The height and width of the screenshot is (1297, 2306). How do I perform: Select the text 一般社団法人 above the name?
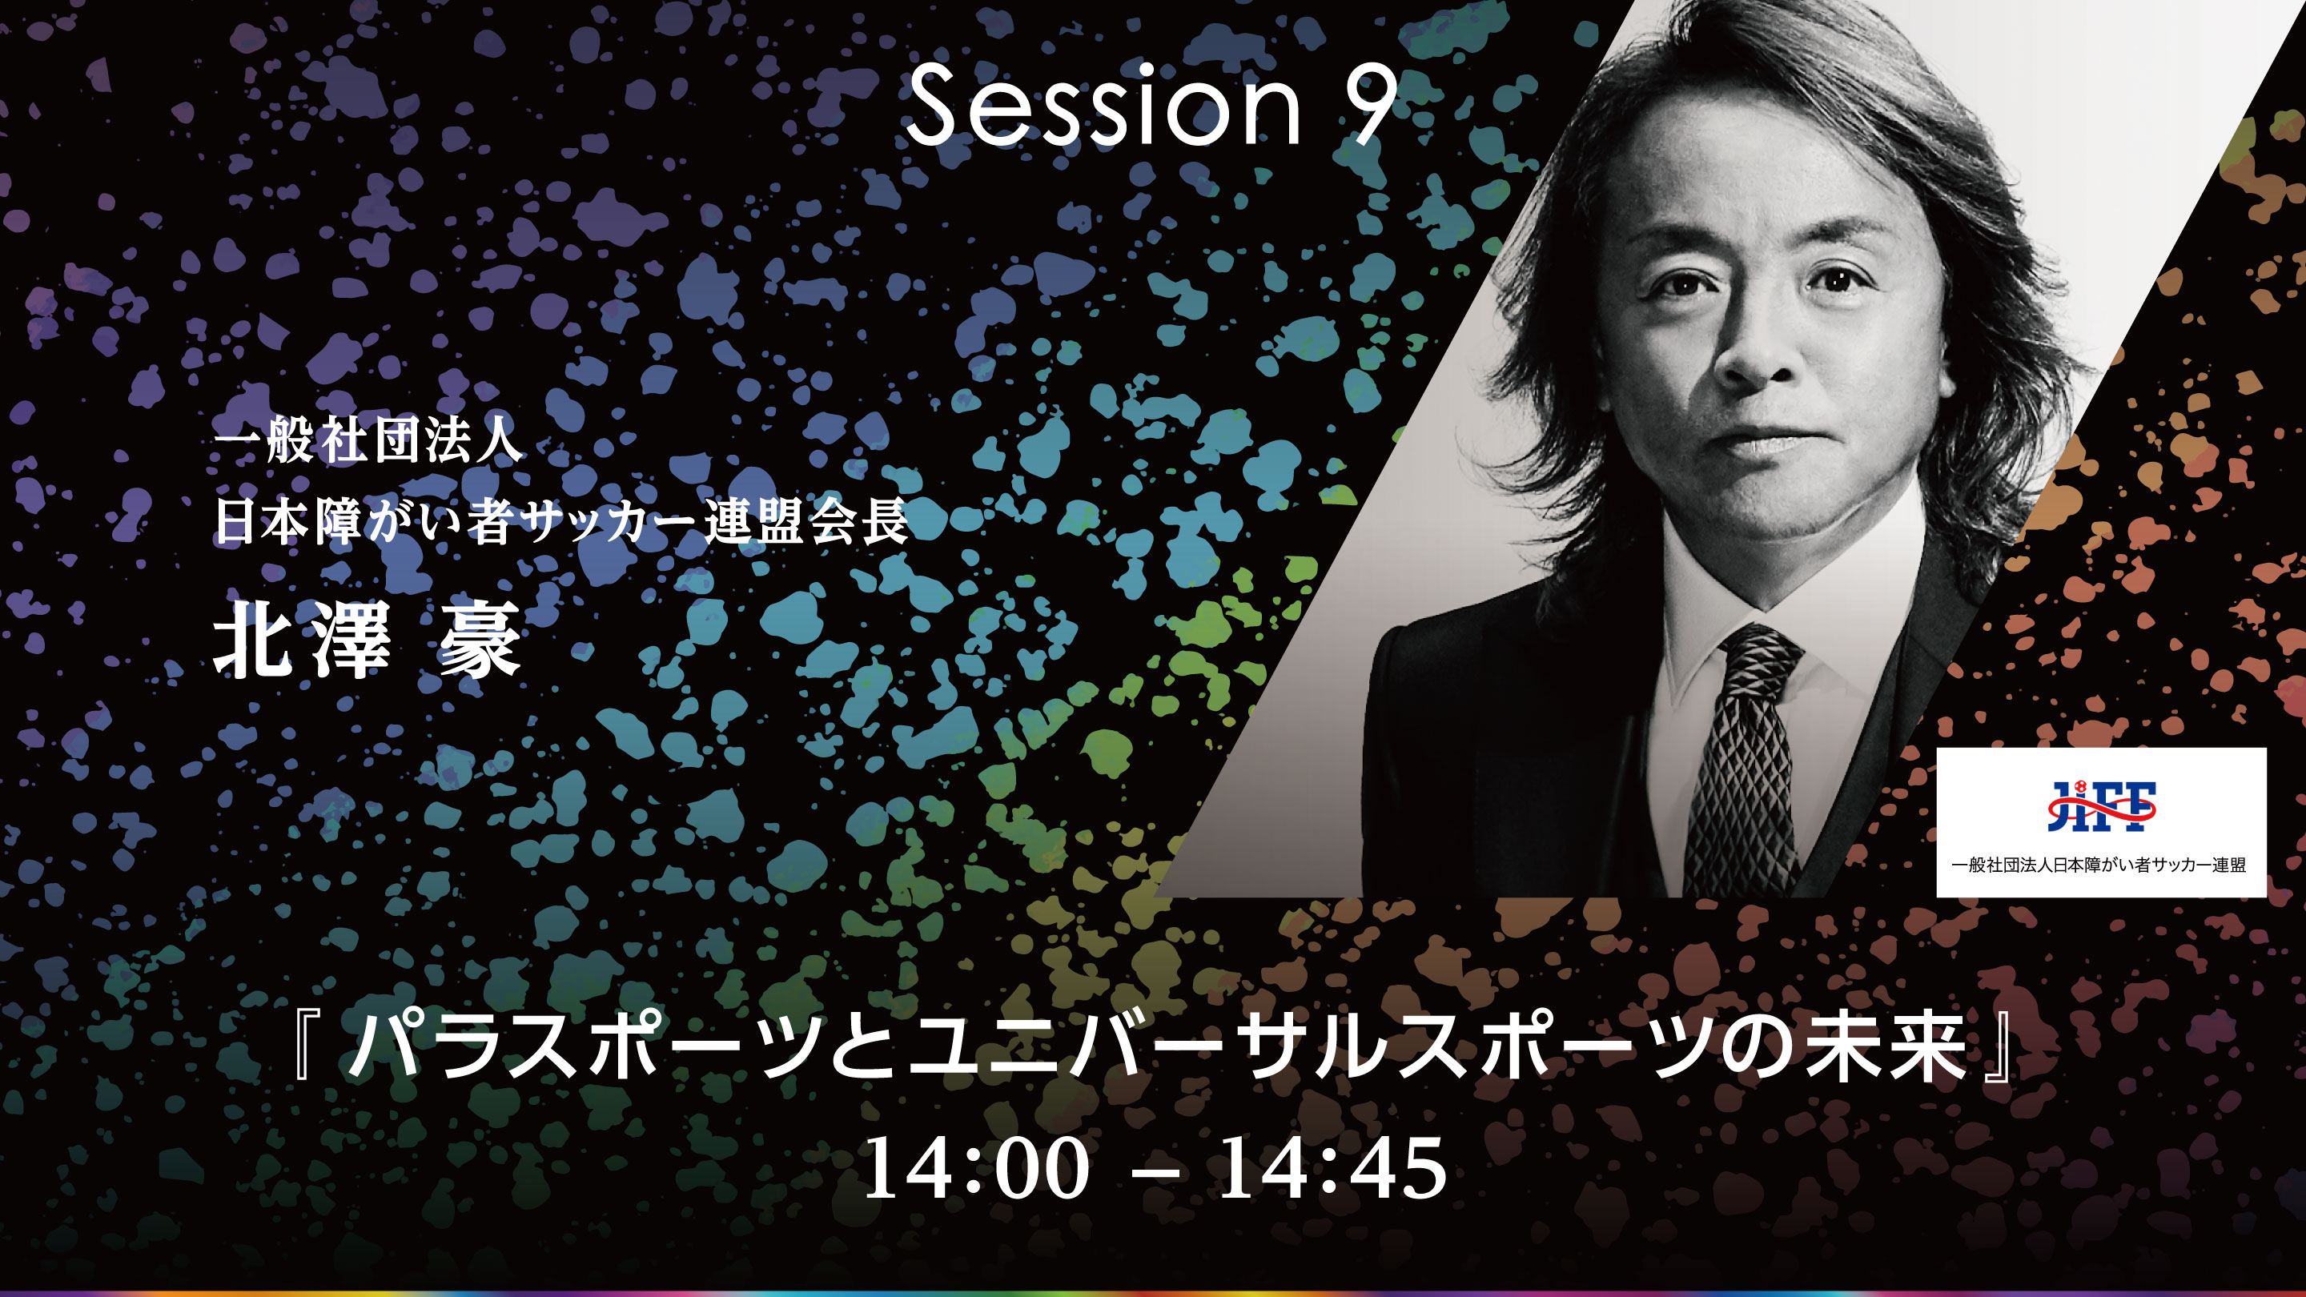coord(367,441)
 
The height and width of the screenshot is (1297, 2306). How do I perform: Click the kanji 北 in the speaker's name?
coord(255,639)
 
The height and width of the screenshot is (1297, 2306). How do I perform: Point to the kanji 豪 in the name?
coord(479,639)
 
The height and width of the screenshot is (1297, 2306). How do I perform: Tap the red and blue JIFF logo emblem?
coord(2101,805)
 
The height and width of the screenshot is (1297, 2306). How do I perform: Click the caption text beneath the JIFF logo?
coord(2099,865)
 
